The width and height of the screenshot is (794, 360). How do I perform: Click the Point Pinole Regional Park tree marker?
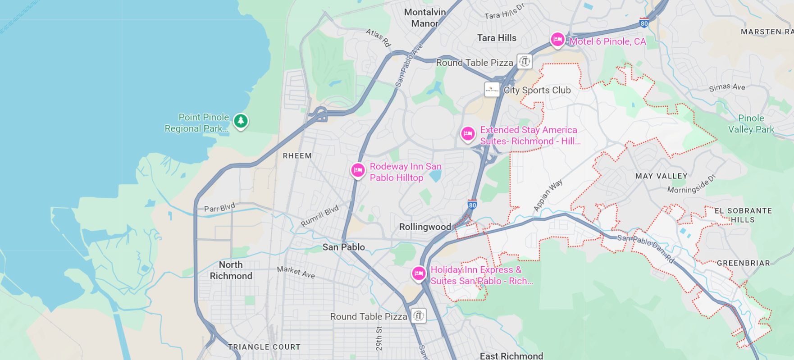(241, 121)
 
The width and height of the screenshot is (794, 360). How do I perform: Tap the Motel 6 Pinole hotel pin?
(557, 40)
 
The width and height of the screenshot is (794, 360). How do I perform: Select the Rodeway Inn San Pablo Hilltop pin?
(358, 170)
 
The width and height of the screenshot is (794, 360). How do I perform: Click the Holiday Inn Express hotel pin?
(419, 273)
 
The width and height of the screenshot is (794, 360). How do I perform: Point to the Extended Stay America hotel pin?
(468, 134)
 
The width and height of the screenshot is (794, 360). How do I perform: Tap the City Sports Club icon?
(492, 90)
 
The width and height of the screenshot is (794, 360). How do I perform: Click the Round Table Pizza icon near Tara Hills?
(525, 61)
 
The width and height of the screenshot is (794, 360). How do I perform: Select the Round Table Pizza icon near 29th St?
(418, 316)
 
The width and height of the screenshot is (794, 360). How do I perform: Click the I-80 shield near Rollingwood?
(472, 205)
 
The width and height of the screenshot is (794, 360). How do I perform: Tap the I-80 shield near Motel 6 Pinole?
(644, 23)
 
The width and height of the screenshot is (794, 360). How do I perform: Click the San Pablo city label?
(343, 247)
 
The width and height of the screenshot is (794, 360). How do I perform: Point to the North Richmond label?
(231, 270)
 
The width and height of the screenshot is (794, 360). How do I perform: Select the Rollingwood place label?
(425, 227)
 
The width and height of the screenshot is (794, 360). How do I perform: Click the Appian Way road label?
(548, 196)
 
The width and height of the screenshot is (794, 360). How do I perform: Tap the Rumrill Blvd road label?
(319, 216)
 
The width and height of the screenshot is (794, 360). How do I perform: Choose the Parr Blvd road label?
(219, 208)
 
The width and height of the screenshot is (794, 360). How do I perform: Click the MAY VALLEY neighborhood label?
(661, 176)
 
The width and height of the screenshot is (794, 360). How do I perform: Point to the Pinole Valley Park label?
(751, 124)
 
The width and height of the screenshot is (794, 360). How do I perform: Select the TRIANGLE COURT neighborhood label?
(264, 347)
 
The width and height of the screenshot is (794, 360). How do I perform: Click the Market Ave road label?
(296, 272)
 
